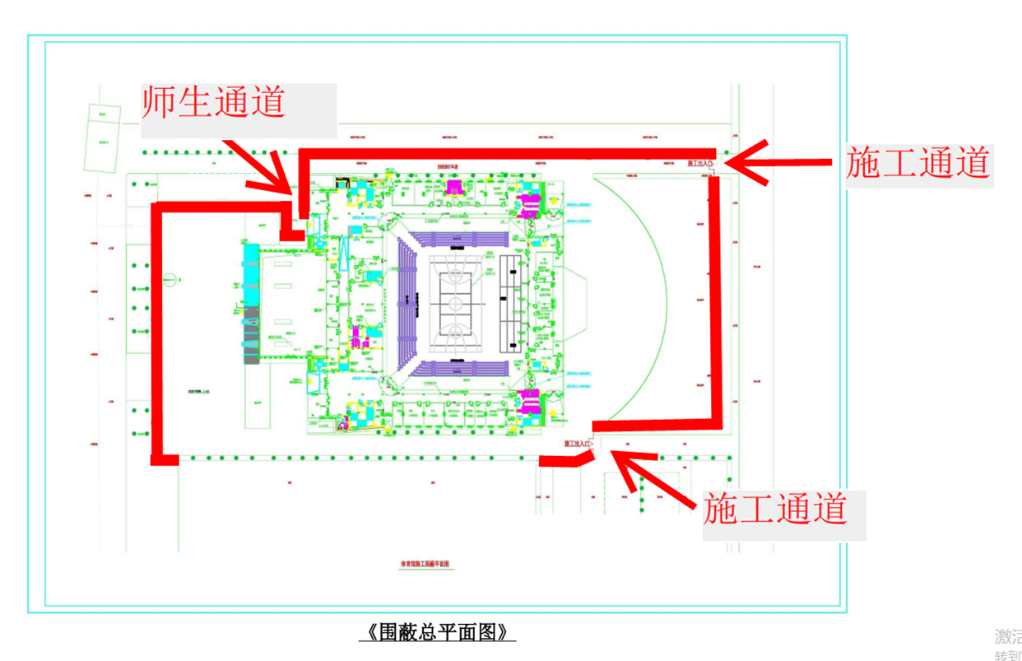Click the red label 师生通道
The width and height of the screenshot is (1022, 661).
click(x=214, y=103)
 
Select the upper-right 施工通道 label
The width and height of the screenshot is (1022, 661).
click(x=917, y=163)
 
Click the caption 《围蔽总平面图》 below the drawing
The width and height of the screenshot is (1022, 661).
click(x=437, y=632)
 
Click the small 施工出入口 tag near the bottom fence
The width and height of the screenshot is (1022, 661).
click(x=578, y=445)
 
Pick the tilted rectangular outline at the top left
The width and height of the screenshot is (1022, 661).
click(x=102, y=140)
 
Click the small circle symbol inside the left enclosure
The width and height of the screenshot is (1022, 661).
click(x=170, y=278)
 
